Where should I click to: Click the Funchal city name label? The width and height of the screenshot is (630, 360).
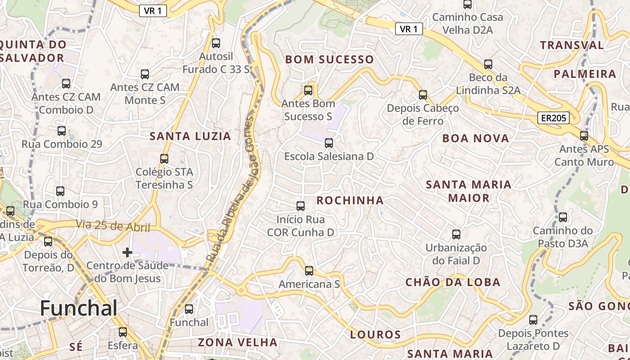tap(78, 309)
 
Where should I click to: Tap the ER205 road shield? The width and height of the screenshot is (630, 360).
tap(553, 118)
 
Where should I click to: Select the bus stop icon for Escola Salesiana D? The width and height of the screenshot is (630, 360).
tap(329, 143)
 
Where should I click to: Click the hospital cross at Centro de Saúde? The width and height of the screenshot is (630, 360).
tap(127, 252)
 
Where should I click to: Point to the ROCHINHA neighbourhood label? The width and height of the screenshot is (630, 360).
tap(350, 201)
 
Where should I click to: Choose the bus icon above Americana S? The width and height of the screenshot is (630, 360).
tap(309, 270)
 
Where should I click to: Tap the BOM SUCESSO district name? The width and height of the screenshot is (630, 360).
tap(329, 59)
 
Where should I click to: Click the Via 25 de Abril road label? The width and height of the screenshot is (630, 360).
tap(112, 225)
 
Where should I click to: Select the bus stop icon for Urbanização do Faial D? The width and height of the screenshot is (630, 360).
tap(456, 234)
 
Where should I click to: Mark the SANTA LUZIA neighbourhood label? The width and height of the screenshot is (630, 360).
tap(190, 136)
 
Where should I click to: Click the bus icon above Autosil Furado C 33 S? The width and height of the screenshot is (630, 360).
tap(216, 43)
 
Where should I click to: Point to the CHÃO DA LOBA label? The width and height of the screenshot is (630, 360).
tap(453, 282)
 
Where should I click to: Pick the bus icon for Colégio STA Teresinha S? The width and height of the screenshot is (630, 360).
tap(164, 158)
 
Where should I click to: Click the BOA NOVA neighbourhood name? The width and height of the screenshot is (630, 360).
tap(476, 139)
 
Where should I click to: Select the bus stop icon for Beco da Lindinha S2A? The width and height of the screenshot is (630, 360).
tap(488, 64)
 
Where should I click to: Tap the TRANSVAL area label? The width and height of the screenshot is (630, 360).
tap(572, 45)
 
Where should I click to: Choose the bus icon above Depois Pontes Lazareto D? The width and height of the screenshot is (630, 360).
tap(533, 320)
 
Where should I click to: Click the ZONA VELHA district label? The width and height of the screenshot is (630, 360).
tap(238, 342)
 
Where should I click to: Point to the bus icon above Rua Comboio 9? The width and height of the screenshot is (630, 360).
tap(60, 191)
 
